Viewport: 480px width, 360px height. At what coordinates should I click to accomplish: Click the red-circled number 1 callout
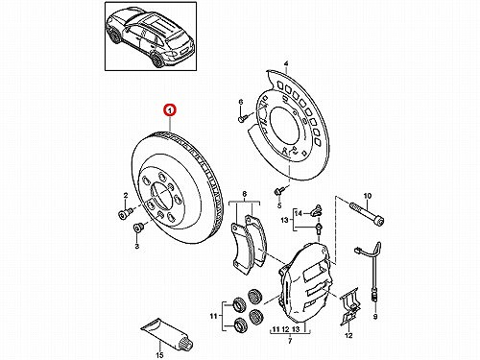point(170,110)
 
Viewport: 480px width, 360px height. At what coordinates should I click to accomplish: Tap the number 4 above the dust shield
point(286,64)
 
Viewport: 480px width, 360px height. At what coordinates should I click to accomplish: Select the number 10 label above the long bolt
point(368,196)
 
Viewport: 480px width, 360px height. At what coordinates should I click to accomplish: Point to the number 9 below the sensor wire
point(375,317)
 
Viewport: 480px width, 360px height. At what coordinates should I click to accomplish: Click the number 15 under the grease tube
point(159,355)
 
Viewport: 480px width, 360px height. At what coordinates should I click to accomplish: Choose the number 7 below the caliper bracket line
point(290,341)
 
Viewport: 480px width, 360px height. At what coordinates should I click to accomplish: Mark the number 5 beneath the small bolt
point(279,205)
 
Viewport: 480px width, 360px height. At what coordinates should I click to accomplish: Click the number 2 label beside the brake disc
point(126,195)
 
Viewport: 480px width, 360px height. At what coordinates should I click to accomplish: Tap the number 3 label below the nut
point(137,247)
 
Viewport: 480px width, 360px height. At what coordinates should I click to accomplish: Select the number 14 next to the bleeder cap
point(298,212)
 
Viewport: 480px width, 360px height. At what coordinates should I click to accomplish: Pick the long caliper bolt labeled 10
point(367,213)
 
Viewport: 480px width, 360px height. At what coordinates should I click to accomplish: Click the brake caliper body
point(305,280)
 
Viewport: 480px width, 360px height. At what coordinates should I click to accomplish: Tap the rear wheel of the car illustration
point(157,60)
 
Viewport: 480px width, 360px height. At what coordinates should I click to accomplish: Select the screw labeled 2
point(126,214)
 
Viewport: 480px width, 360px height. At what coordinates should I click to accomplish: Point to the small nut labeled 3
point(138,228)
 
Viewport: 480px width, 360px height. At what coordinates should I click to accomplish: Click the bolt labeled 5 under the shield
point(278,191)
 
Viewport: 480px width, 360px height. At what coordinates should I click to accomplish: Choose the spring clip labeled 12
point(349,307)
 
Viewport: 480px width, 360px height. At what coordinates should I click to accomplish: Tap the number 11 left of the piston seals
point(213,316)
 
